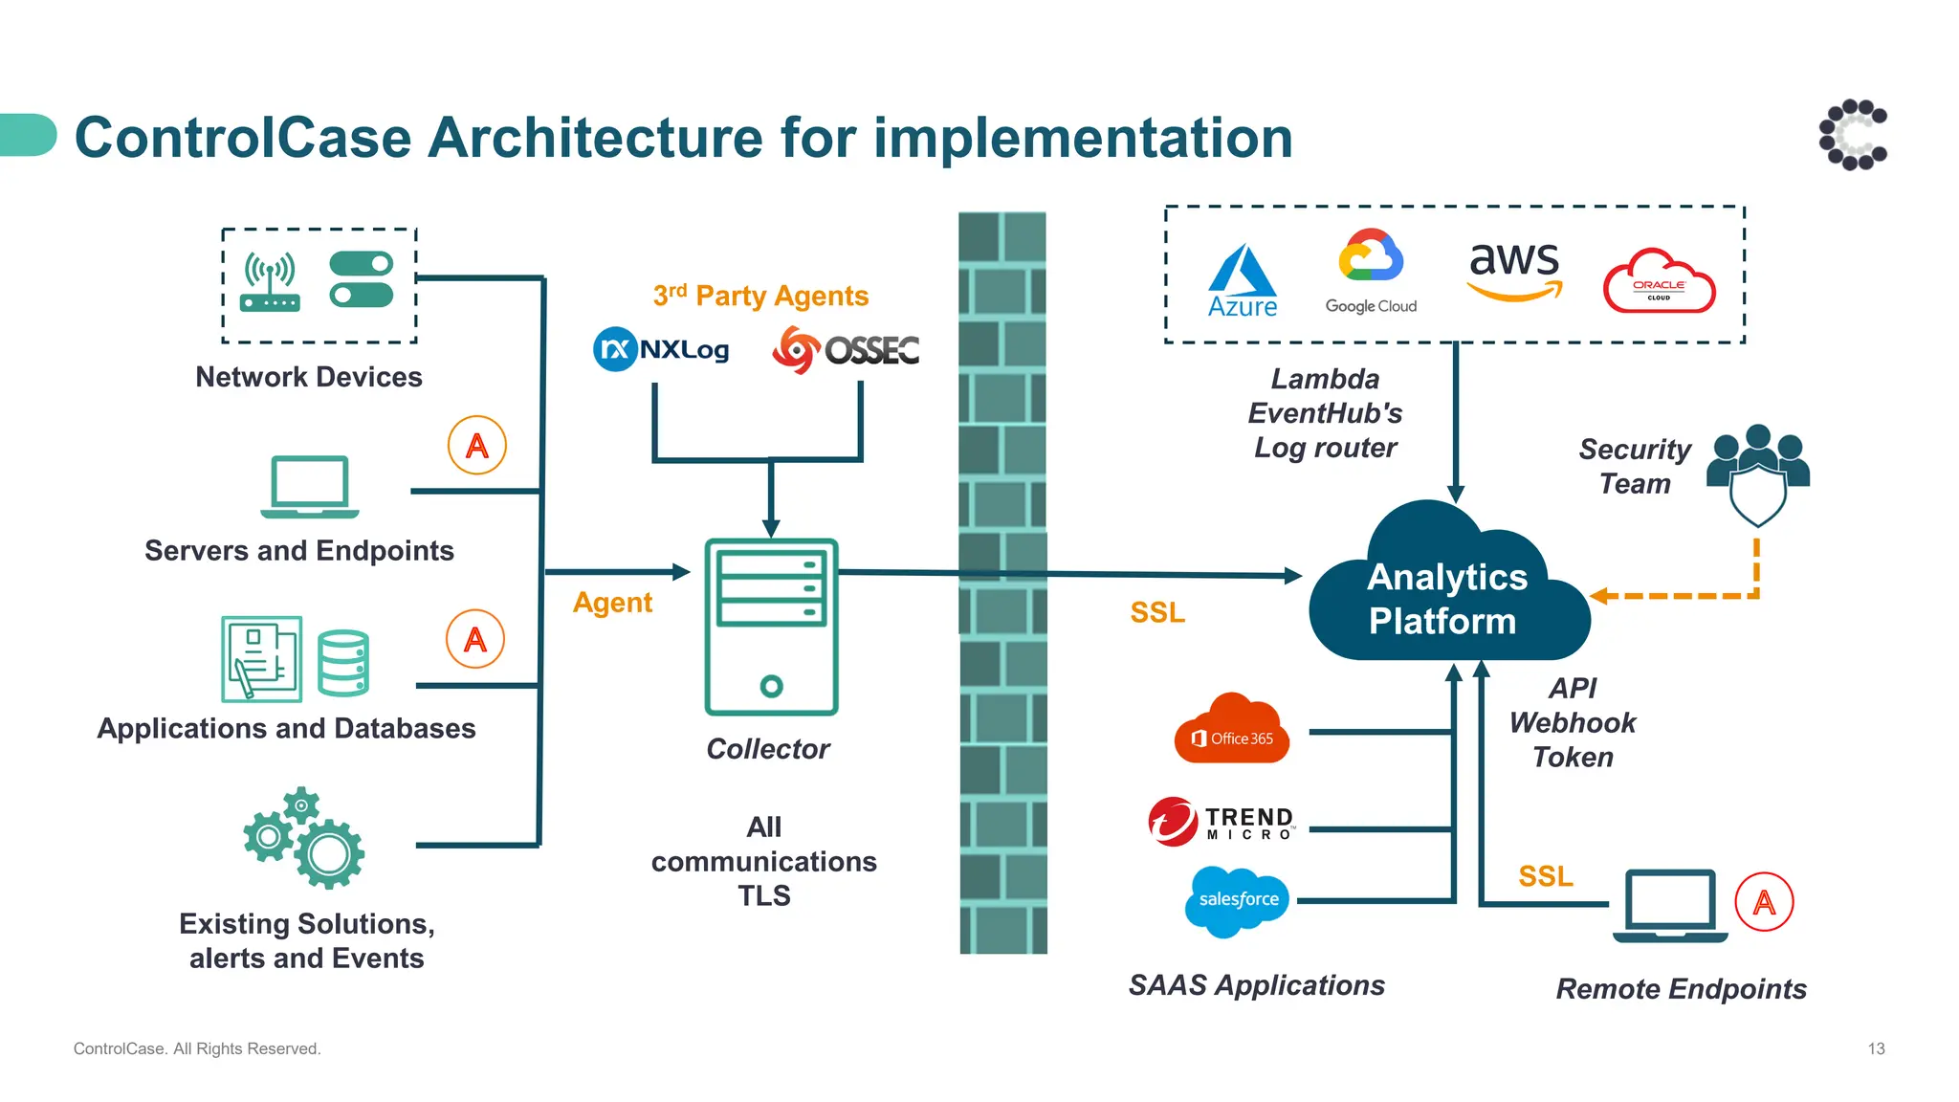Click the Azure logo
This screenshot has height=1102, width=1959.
click(1242, 279)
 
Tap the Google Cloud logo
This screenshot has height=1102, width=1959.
click(1370, 271)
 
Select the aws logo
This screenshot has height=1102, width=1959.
click(1514, 269)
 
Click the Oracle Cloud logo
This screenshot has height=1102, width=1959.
click(1659, 282)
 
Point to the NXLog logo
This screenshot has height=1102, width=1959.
click(661, 349)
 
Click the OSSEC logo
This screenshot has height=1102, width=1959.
click(846, 349)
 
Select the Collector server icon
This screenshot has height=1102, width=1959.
click(771, 627)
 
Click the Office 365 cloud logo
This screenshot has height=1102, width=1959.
click(1232, 731)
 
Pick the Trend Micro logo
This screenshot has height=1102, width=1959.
click(1222, 822)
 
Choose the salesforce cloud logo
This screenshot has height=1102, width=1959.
click(1237, 900)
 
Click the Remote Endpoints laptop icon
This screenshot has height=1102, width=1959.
click(1670, 905)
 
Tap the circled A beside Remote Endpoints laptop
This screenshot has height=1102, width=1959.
click(1764, 902)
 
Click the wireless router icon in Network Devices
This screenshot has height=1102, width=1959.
click(271, 283)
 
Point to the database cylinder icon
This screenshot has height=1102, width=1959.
click(343, 662)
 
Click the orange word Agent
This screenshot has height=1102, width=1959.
click(612, 603)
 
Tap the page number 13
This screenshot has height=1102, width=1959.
click(1876, 1048)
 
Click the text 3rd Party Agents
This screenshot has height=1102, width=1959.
click(760, 296)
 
